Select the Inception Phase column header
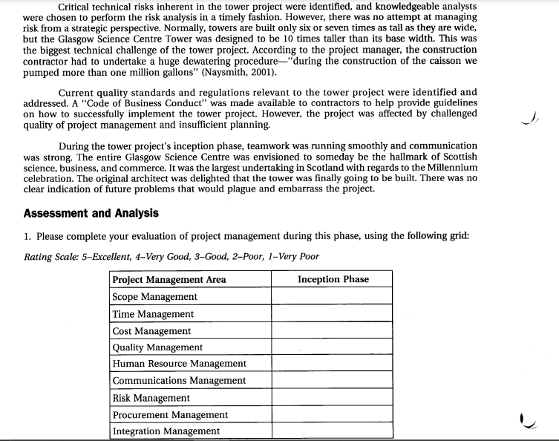(333, 279)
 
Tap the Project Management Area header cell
(169, 279)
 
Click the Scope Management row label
(154, 296)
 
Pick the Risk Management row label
(151, 398)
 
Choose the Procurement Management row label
(170, 414)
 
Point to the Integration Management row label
(166, 431)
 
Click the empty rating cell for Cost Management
(332, 330)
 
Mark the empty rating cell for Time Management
(332, 313)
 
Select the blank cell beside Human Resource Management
(332, 364)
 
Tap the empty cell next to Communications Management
(332, 381)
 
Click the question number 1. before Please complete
(27, 236)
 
